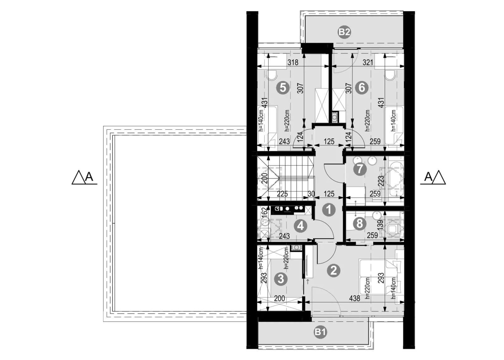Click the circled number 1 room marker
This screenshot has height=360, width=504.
pyautogui.click(x=329, y=210)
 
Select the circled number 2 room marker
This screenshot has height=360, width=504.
pyautogui.click(x=334, y=271)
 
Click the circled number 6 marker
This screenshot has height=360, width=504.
pyautogui.click(x=362, y=87)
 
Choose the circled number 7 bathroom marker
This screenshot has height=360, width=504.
pyautogui.click(x=360, y=169)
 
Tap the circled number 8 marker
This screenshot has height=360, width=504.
pyautogui.click(x=360, y=224)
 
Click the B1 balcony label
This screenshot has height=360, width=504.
pyautogui.click(x=320, y=332)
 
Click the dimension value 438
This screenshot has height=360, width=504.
pyautogui.click(x=355, y=298)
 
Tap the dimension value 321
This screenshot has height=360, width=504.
pyautogui.click(x=368, y=62)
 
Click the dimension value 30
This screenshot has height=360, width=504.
pyautogui.click(x=311, y=194)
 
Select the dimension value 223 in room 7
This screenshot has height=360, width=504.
pyautogui.click(x=381, y=181)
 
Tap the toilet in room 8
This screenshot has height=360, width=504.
pyautogui.click(x=393, y=229)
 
